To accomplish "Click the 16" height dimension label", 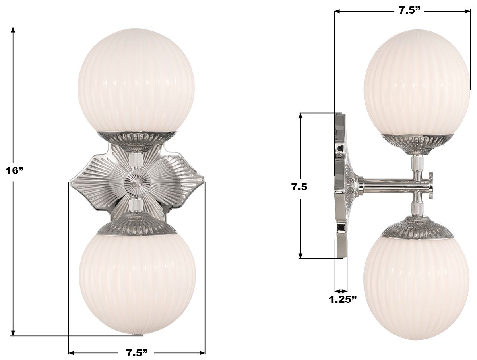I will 15,171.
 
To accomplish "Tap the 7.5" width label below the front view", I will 137,353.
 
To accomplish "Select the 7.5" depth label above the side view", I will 409,11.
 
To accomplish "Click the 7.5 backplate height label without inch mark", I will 299,187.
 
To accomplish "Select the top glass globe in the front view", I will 136,79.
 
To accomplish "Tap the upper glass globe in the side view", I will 417,81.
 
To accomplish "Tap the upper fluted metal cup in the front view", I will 136,139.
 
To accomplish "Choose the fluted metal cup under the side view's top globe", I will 417,142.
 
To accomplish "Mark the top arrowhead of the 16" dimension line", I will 14,30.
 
